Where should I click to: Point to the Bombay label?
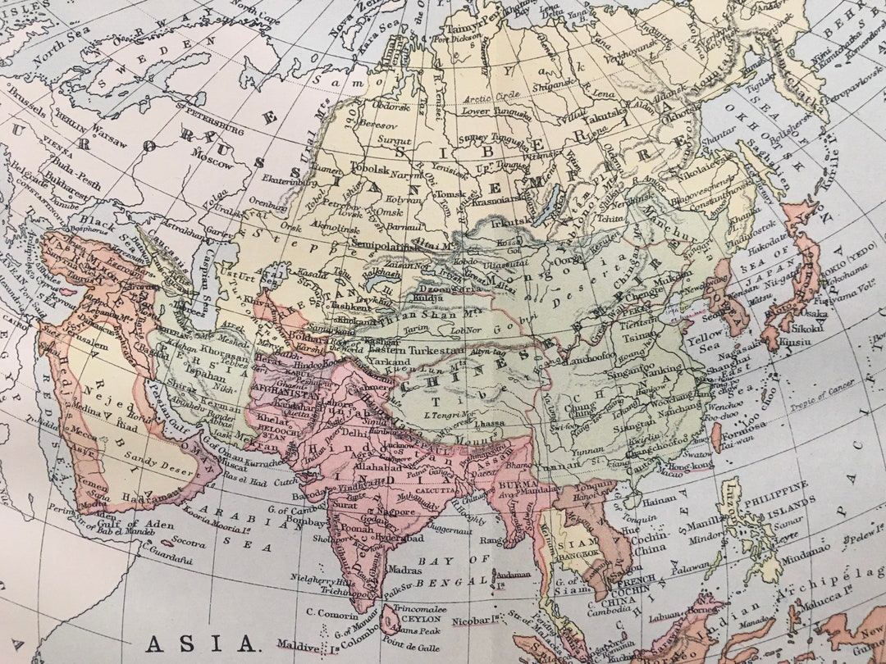(307, 521)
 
